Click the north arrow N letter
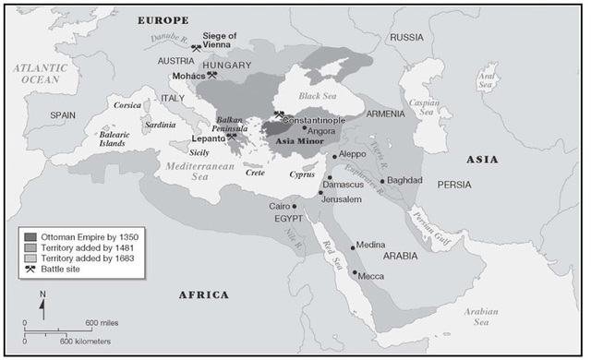click(x=42, y=293)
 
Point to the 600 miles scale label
click(x=103, y=321)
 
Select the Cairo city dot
click(x=295, y=206)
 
